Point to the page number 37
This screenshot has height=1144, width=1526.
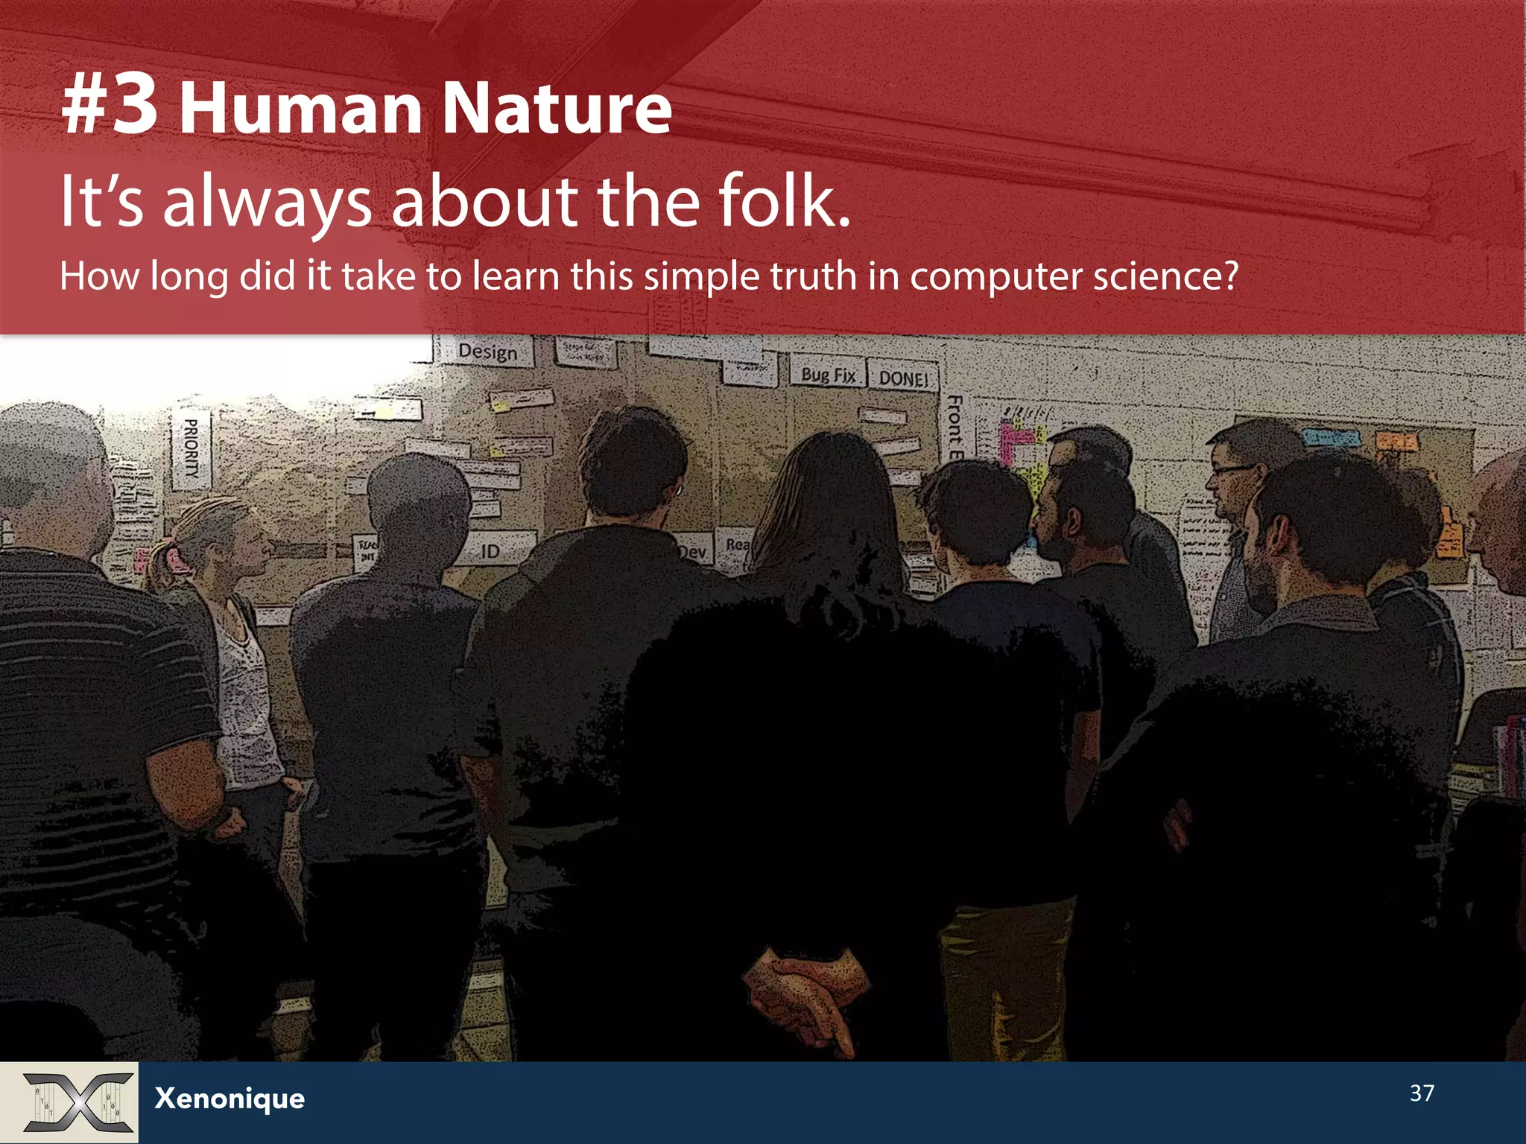[1422, 1093]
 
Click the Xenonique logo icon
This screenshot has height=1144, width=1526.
[77, 1102]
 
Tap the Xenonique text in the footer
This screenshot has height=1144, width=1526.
[229, 1099]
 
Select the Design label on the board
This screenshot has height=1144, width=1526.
[487, 352]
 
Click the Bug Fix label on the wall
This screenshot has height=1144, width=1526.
[828, 375]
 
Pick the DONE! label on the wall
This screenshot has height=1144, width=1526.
[903, 378]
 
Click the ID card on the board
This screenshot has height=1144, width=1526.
[490, 551]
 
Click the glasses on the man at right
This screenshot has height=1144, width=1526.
[1233, 470]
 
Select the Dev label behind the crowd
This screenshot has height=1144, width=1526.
[693, 552]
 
